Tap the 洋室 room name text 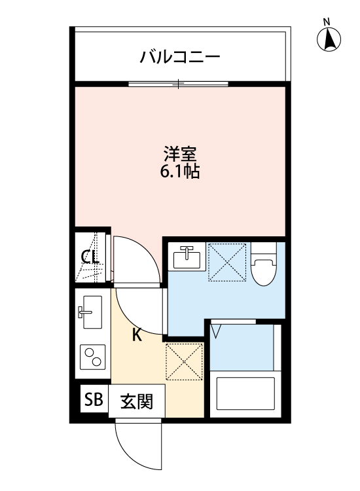point(180,156)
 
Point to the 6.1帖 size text point(180,173)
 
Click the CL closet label point(90,257)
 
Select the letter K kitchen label point(137,335)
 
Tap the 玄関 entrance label point(136,401)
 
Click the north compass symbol point(330,42)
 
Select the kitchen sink point(91,311)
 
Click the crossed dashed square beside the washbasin point(227,262)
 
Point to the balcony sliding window point(178,83)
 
